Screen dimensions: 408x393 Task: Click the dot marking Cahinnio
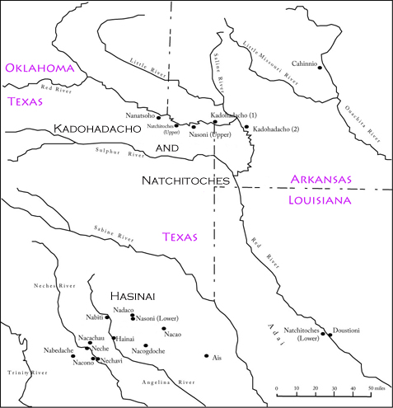pos(330,67)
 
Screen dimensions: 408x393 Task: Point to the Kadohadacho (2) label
pos(279,130)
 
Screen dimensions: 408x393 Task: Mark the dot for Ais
pos(206,356)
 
